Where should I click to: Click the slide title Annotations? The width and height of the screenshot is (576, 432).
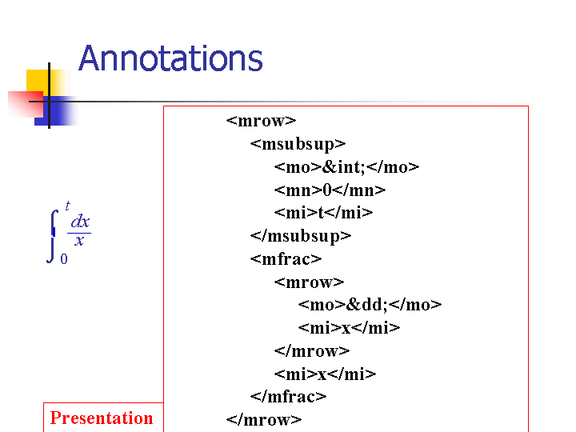[x=170, y=58]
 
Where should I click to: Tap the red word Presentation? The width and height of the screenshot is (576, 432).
[x=102, y=418]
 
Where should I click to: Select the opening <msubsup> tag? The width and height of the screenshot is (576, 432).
[x=298, y=144]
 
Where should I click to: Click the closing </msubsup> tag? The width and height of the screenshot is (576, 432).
[x=301, y=236]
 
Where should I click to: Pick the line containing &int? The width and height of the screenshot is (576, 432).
[x=346, y=167]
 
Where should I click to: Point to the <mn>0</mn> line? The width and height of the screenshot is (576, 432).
[x=330, y=190]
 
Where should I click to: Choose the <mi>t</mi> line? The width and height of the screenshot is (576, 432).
[x=323, y=213]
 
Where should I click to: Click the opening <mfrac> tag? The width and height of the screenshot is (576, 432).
[x=286, y=259]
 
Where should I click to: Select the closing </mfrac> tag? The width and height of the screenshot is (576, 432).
[x=288, y=396]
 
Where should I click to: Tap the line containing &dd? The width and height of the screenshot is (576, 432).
[x=370, y=305]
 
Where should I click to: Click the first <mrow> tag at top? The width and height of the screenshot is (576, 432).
[x=261, y=121]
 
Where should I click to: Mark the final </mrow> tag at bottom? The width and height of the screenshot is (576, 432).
[x=264, y=419]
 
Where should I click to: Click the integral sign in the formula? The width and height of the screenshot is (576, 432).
[x=53, y=236]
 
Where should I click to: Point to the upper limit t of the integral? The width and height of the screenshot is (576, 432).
[x=67, y=206]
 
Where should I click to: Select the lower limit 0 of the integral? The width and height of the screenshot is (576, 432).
[x=64, y=259]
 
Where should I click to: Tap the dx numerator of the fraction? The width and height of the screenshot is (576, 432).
[x=80, y=222]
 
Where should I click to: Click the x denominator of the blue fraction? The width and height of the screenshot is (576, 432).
[x=79, y=241]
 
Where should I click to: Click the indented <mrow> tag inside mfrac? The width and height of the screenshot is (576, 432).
[x=309, y=282]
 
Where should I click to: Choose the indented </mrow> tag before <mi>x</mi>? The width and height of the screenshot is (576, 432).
[x=312, y=351]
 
